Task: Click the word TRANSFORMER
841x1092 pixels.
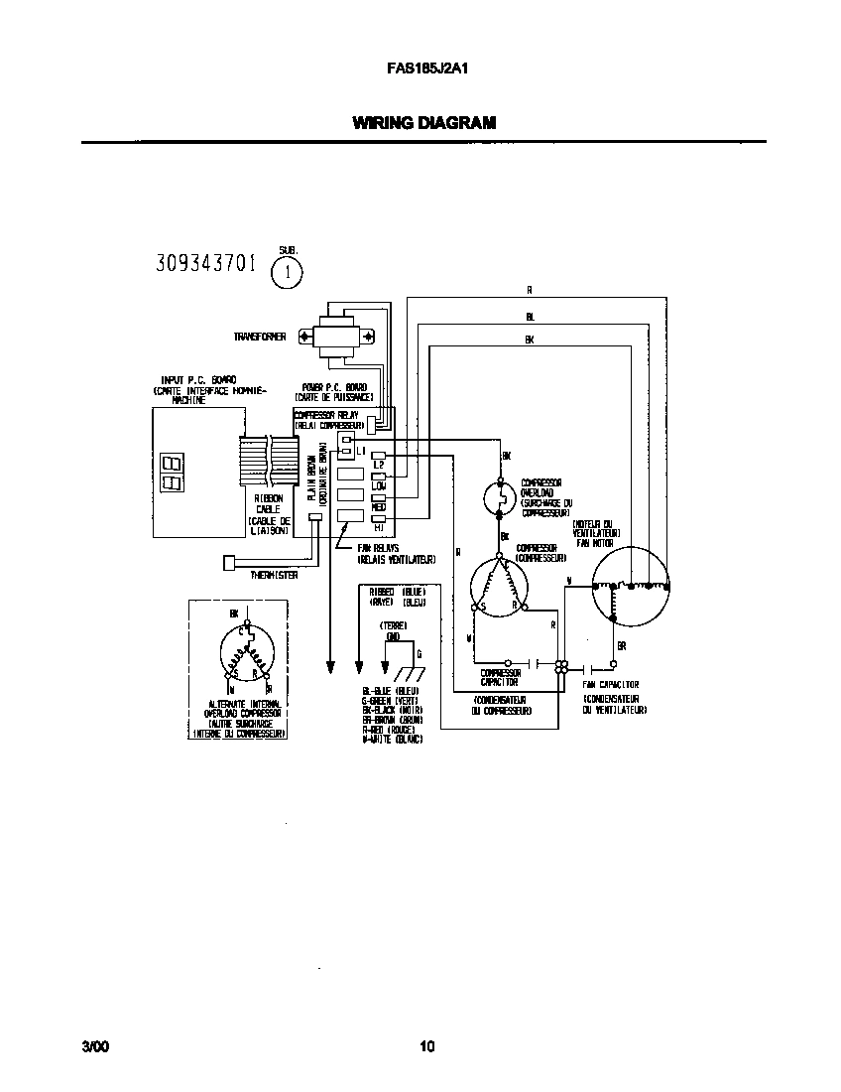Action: [260, 338]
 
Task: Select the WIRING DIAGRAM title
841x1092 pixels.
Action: [423, 123]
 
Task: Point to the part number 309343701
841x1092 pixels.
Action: [206, 264]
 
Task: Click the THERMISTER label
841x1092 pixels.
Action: [275, 574]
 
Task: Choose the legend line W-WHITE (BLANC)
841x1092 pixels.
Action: [393, 741]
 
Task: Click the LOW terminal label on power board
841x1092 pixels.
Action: [378, 486]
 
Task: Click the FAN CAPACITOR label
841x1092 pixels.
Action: [611, 685]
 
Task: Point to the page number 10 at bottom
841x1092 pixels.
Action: [426, 1046]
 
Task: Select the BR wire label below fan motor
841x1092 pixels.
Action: [622, 645]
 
